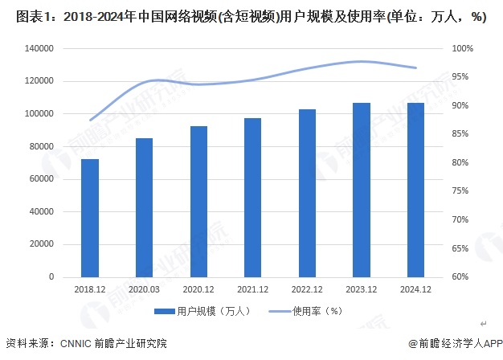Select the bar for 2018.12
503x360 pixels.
[x=90, y=218]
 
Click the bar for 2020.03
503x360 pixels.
[x=144, y=207]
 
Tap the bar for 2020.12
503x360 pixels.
[x=198, y=201]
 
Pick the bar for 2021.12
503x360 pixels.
[x=253, y=197]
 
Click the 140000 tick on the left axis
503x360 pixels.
[x=39, y=48]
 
